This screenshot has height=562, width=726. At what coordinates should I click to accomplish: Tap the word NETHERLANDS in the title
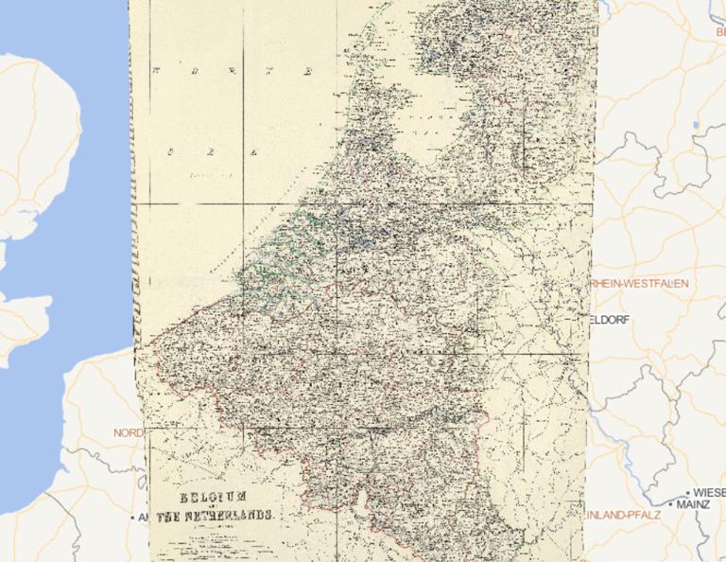[x=233, y=517]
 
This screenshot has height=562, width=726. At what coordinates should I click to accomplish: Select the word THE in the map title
[x=167, y=517]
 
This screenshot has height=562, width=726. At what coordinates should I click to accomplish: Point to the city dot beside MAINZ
[x=669, y=505]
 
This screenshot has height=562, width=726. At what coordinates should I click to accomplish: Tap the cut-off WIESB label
[x=709, y=493]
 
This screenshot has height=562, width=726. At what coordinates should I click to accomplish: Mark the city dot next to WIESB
[x=687, y=494]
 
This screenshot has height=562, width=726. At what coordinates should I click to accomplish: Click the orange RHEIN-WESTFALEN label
[x=639, y=284]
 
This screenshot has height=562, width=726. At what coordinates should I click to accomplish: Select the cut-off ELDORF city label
[x=608, y=320]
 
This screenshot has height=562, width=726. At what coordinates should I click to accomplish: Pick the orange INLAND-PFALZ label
[x=617, y=516]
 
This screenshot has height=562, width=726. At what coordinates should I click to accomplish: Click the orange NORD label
[x=129, y=432]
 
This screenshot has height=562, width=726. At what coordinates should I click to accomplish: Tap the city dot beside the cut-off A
[x=132, y=518]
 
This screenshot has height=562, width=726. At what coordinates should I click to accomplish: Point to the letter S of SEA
[x=171, y=150]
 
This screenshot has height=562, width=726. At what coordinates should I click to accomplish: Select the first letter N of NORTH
[x=157, y=71]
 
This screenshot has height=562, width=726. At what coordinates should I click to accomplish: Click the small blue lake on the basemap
[x=696, y=125]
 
